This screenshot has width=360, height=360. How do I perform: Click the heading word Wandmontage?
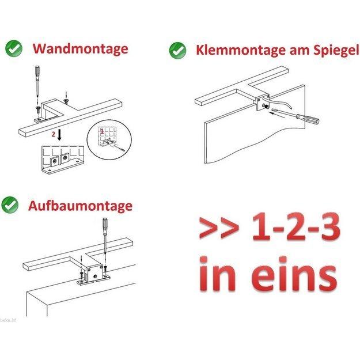pyautogui.click(x=81, y=49)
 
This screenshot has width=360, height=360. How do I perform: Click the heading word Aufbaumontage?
pyautogui.click(x=80, y=206)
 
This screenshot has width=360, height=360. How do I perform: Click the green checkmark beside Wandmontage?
pyautogui.click(x=14, y=48)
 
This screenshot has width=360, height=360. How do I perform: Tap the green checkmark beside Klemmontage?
pyautogui.click(x=178, y=51)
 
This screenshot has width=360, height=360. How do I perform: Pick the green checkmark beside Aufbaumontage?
pyautogui.click(x=10, y=204)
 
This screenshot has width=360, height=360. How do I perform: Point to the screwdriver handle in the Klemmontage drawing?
pyautogui.click(x=307, y=118)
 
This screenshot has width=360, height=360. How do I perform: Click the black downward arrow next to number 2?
pyautogui.click(x=59, y=135)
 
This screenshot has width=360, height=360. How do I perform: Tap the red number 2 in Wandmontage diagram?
pyautogui.click(x=53, y=134)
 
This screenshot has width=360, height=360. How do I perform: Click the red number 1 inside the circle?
pyautogui.click(x=102, y=131)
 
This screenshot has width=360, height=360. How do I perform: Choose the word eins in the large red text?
pyautogui.click(x=294, y=274)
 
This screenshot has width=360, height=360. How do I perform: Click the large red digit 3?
pyautogui.click(x=327, y=226)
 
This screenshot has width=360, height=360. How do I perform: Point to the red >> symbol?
pyautogui.click(x=219, y=228)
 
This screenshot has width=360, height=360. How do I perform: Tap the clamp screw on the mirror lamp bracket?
pyautogui.click(x=266, y=107)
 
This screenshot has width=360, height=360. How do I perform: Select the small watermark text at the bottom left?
pyautogui.click(x=8, y=320)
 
